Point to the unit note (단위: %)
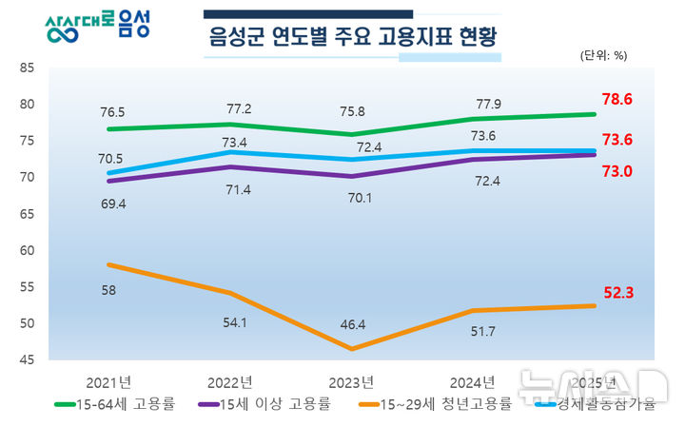coord(603,55)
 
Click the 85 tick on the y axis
coord(27,68)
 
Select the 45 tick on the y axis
coord(27,360)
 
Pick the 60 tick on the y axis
coord(27,251)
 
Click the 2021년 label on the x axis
coord(108,382)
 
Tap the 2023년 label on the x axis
coord(351,382)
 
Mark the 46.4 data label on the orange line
coord(351,324)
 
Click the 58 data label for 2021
coord(108,290)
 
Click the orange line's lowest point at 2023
coord(351,349)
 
